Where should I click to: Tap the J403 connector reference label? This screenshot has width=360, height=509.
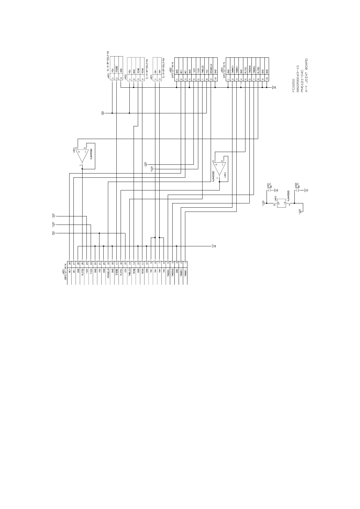coord(108,76)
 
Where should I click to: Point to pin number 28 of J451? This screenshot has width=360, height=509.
coord(70,264)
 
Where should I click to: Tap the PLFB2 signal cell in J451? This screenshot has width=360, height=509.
coord(83,271)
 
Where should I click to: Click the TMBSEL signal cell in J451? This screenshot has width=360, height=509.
coord(168,272)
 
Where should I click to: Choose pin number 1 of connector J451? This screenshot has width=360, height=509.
coord(185,264)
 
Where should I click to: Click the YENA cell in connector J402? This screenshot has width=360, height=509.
coord(142,70)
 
